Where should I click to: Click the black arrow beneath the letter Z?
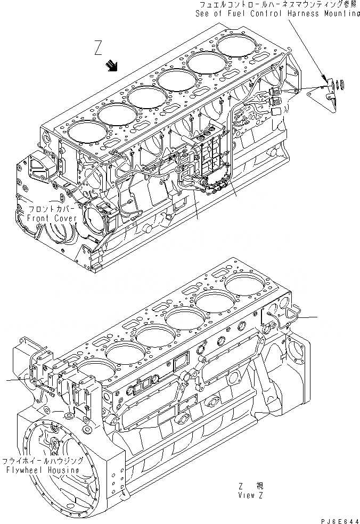coord(112,65)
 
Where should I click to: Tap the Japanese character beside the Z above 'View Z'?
coord(260,486)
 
